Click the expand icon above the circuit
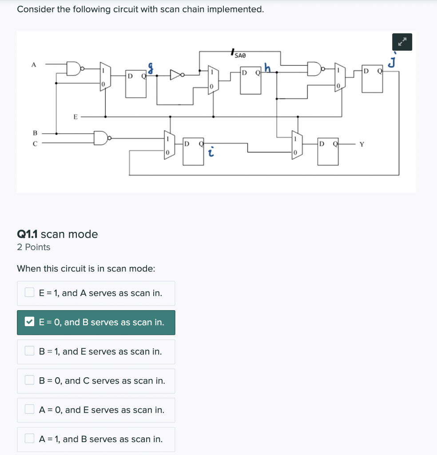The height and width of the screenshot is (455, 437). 402,42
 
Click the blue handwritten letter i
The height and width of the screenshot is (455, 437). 212,152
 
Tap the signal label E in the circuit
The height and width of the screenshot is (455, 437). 75,117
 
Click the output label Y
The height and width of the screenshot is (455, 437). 362,144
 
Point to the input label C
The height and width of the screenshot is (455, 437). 35,143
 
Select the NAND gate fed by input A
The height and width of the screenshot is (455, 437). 74,68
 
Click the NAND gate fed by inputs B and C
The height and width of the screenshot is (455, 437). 101,138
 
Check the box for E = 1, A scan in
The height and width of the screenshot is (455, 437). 30,293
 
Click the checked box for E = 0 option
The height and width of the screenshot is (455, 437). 30,322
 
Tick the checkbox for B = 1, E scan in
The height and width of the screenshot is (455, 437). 30,351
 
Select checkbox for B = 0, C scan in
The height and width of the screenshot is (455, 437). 30,380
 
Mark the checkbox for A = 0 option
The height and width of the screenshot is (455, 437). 30,410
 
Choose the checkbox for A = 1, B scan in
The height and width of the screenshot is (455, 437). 30,439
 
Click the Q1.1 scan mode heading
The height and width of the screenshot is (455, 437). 57,234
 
